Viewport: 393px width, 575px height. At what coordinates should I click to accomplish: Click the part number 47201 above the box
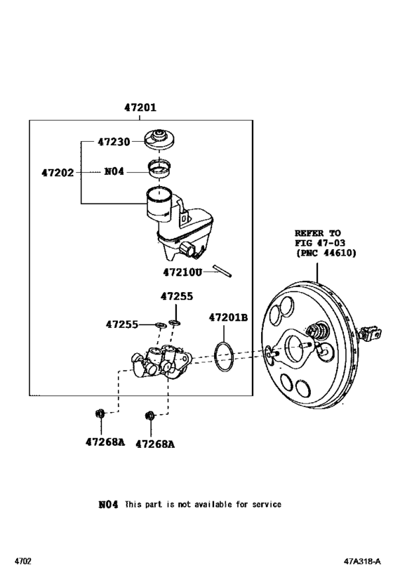tap(140, 109)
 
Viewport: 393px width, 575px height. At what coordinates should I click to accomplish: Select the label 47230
tap(113, 142)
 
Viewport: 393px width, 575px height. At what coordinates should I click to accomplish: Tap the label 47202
tap(58, 171)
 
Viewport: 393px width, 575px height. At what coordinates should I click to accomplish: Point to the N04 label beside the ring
tap(114, 171)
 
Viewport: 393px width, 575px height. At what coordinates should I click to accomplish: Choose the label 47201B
tap(228, 317)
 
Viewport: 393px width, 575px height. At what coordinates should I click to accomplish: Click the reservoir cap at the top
tap(160, 138)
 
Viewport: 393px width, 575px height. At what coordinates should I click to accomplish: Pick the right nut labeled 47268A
tap(149, 418)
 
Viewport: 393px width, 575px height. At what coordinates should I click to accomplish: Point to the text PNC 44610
tap(325, 253)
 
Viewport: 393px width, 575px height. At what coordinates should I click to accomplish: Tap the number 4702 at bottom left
tap(23, 562)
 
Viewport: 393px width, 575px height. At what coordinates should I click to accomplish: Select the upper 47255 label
tap(175, 297)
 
